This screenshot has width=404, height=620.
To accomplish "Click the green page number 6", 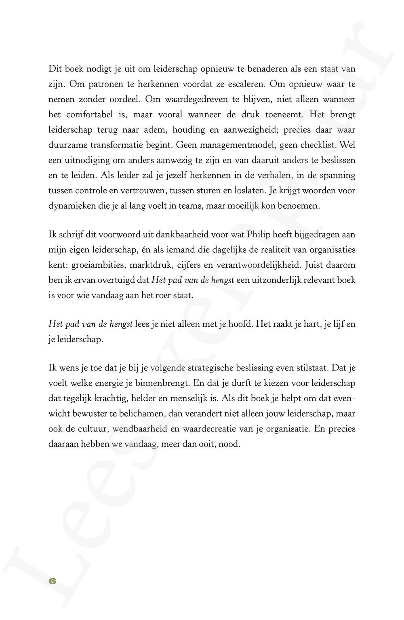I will pos(52,581).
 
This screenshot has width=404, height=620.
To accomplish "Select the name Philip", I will pos(261,235).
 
